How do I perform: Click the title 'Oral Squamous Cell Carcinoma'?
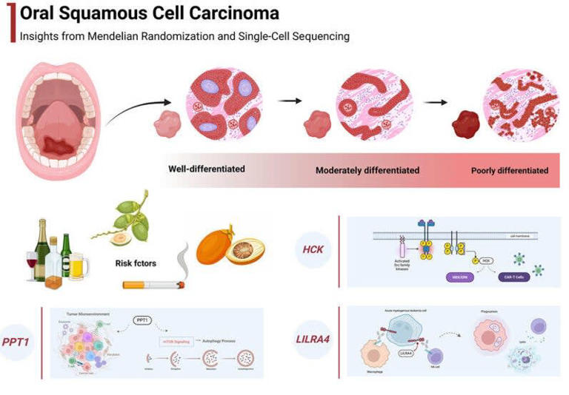150,13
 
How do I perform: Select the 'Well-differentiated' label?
207,169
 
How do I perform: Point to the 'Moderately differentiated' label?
367,170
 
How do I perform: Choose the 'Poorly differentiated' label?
510,170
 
